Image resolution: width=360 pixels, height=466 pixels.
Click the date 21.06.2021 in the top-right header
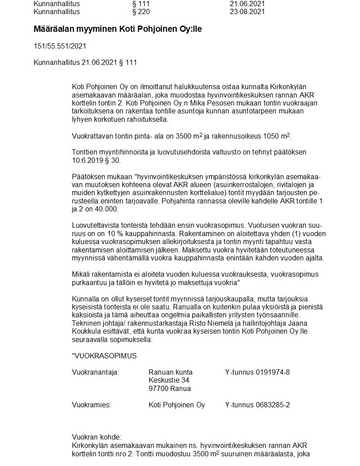[247, 4]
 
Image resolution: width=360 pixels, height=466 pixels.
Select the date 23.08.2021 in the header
[247, 11]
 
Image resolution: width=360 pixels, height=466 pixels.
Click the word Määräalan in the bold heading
[53, 29]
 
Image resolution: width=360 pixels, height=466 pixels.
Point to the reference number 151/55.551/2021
[60, 46]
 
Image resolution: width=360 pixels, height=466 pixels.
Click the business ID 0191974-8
[273, 372]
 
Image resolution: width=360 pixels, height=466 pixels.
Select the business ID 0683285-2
[273, 405]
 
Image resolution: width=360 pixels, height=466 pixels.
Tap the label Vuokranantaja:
[95, 372]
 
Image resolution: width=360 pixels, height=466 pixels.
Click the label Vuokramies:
[91, 405]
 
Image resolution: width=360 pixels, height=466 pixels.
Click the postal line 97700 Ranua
[170, 389]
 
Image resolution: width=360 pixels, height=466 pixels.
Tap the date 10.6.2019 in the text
[86, 160]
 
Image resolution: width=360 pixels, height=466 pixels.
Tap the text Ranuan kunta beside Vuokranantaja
[171, 372]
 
